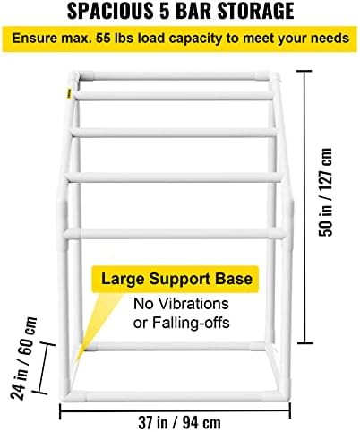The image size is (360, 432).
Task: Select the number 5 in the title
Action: (163, 11)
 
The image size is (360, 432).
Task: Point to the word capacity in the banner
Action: (194, 39)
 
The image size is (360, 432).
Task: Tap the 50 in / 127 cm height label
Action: (325, 192)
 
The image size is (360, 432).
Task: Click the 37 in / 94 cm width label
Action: (179, 422)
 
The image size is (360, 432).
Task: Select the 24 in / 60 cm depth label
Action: (23, 359)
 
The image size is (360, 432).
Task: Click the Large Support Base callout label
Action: (176, 279)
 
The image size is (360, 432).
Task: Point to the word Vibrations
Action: (193, 304)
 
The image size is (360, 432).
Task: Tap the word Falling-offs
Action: (191, 323)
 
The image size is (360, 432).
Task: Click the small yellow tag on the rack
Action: (69, 93)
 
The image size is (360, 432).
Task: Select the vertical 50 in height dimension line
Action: (304, 207)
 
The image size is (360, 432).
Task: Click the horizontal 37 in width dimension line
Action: (175, 410)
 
